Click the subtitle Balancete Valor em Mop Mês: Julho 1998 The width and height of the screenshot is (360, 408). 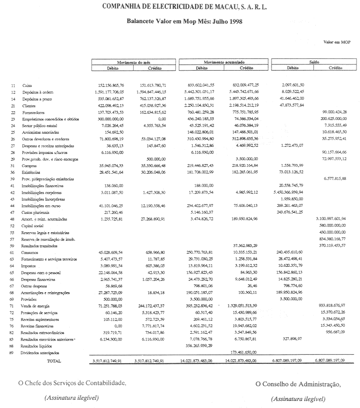pyautogui.click(x=184, y=22)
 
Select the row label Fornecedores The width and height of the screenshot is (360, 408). pyautogui.click(x=35, y=112)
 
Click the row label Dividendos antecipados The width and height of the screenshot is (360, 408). pyautogui.click(x=42, y=352)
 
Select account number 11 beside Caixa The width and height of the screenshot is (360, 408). pyautogui.click(x=13, y=85)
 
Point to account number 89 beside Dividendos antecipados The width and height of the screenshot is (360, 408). pyautogui.click(x=13, y=352)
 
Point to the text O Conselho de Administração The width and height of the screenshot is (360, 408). pyautogui.click(x=298, y=383)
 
